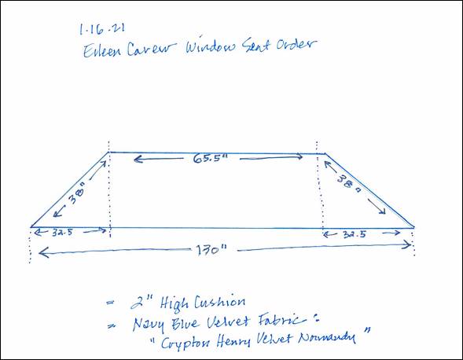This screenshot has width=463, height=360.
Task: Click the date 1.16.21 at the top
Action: point(102,29)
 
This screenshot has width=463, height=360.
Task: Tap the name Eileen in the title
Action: point(102,50)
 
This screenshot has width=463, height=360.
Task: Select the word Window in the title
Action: point(211,46)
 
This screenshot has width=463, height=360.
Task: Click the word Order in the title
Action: point(296,44)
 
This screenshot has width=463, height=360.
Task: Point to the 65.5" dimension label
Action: point(211,159)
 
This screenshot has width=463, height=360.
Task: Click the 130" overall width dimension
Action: point(211,251)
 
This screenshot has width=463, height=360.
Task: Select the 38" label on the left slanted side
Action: point(76,193)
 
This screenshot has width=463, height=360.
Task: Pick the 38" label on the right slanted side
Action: point(349,183)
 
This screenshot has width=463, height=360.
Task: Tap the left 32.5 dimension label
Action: point(62,233)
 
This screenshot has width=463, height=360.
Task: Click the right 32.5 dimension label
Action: point(354,234)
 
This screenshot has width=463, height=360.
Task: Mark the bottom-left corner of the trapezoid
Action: point(31,227)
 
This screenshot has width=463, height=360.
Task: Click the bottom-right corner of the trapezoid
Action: point(414,227)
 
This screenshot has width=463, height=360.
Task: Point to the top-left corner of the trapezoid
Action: point(109,152)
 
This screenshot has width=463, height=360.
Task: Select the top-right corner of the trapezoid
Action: point(325,153)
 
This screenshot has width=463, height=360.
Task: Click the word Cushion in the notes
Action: point(219,303)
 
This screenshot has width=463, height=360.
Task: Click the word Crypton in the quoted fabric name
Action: point(186,343)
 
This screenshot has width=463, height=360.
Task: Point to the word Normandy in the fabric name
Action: point(326,337)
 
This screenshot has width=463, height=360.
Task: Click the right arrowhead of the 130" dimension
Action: point(409,244)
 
